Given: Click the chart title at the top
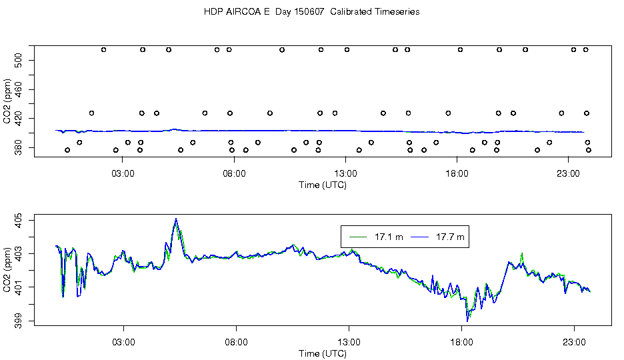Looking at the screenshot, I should click(311, 12).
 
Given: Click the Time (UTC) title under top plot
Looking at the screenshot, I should click(323, 185).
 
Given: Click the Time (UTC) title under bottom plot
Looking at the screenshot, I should click(323, 353).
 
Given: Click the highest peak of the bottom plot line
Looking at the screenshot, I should click(176, 219).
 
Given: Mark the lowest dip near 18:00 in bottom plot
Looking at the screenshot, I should click(467, 321).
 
